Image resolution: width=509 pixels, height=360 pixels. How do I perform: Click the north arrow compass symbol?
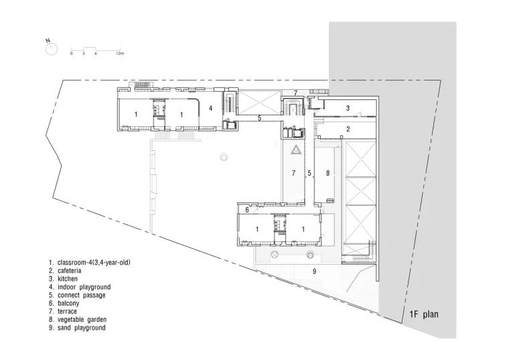[52, 49]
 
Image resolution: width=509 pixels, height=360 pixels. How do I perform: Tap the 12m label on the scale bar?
[120, 53]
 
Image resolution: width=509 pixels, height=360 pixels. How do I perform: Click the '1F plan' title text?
[424, 314]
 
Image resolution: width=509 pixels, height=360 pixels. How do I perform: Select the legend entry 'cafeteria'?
[69, 271]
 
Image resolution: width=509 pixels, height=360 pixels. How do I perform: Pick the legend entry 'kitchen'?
[68, 279]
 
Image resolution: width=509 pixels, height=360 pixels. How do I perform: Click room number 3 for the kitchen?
[348, 108]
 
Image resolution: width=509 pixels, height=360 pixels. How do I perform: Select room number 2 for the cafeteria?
[348, 129]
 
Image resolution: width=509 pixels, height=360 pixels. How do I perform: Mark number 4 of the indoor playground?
[210, 108]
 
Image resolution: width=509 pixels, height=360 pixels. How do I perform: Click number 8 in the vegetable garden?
[328, 173]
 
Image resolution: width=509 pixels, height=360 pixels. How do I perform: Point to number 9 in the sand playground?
[314, 271]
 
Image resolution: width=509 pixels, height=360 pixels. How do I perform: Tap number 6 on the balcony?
[247, 210]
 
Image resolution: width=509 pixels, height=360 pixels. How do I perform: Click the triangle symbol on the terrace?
[296, 149]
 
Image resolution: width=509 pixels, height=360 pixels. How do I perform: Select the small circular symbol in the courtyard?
[223, 157]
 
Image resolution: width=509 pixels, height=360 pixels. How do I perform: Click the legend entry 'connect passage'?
[82, 296]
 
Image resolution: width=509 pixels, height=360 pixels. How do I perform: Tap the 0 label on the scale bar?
[72, 53]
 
